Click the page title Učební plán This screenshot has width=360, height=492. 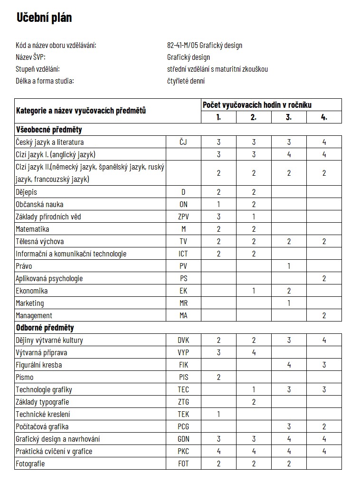[x=44, y=18]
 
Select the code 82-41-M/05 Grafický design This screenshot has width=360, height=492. [x=205, y=46]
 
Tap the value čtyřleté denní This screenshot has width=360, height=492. [x=186, y=81]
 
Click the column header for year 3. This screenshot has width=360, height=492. [x=289, y=117]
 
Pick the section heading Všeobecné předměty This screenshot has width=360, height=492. [x=49, y=130]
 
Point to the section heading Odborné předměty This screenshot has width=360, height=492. [x=45, y=328]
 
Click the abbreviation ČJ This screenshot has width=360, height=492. [x=183, y=142]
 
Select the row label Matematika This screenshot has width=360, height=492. [x=32, y=229]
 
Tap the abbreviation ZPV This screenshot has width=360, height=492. [x=183, y=217]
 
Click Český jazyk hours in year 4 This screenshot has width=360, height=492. [x=324, y=142]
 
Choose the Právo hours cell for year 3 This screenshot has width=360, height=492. [x=289, y=266]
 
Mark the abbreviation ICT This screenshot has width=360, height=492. [x=183, y=254]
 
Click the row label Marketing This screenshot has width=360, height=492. [x=30, y=303]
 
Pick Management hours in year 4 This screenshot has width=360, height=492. [x=324, y=315]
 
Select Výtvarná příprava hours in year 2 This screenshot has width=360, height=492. [x=254, y=352]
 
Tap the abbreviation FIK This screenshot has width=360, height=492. [x=183, y=365]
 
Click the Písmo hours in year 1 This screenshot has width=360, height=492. [x=218, y=377]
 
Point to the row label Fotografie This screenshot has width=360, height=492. [x=30, y=464]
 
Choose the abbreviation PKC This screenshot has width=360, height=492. [x=183, y=451]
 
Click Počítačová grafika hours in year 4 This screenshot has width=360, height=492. [x=324, y=426]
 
